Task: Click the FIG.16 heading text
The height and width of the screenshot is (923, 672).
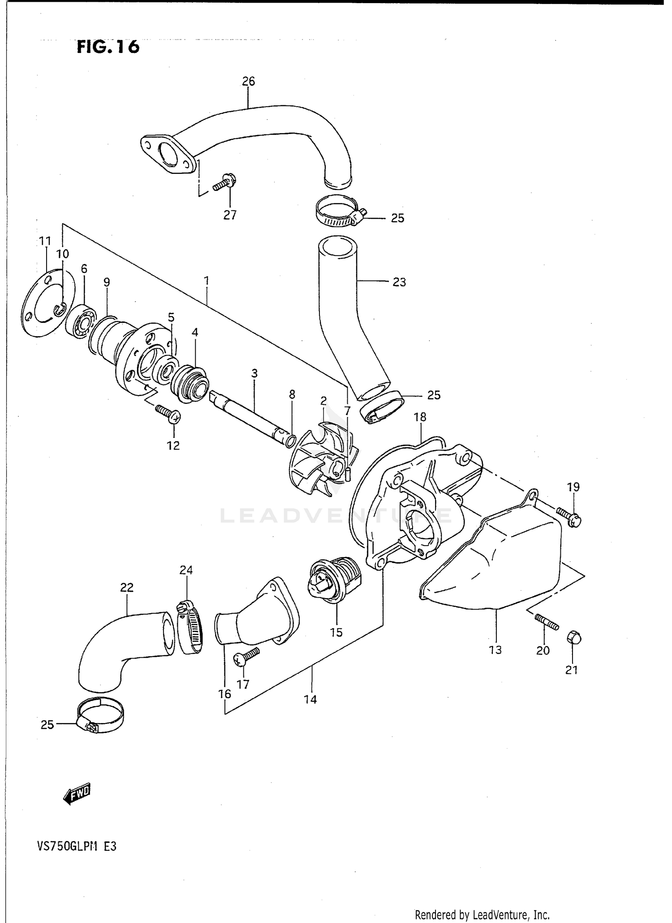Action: point(108,47)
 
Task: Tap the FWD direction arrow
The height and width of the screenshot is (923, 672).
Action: point(78,796)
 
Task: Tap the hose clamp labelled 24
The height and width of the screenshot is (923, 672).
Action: point(190,626)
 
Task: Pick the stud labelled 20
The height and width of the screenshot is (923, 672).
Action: point(547,623)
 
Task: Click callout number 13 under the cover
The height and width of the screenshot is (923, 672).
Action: point(495,650)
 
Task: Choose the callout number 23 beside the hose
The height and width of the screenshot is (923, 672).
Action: point(399,282)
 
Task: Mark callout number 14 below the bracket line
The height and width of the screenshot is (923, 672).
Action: point(310,699)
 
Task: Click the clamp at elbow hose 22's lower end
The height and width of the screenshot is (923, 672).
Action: point(101,716)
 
